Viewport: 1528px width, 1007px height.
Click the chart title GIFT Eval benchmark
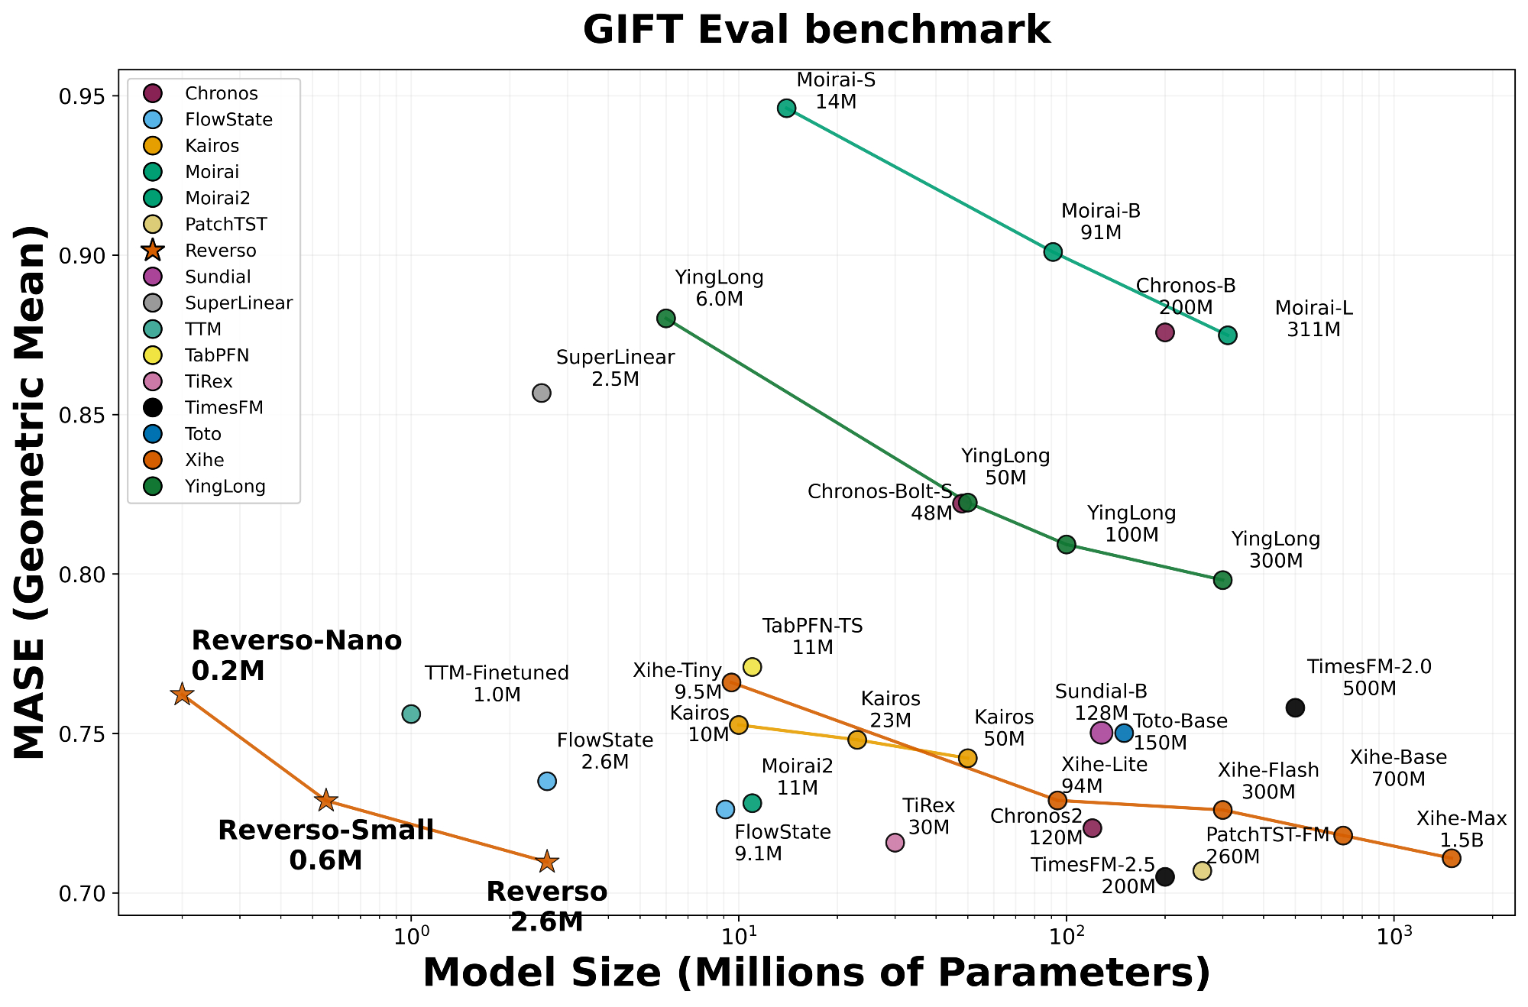pos(816,31)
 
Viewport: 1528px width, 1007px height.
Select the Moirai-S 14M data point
pos(787,108)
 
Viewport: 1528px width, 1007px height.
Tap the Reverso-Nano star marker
pos(182,695)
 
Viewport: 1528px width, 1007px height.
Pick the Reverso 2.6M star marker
pos(547,862)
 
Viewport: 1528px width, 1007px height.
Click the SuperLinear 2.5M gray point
pos(542,393)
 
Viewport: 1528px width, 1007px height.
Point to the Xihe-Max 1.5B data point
pos(1452,858)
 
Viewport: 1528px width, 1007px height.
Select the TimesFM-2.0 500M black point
pos(1295,707)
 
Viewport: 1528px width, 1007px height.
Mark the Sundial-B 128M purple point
pos(1101,733)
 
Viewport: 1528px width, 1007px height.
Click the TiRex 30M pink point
pos(895,843)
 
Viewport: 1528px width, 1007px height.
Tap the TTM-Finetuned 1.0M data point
pos(411,714)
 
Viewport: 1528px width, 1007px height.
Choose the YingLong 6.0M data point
pos(666,319)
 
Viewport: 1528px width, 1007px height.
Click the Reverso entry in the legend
pos(220,251)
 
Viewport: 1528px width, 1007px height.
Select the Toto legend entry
pos(202,434)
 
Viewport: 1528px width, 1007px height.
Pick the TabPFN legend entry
pos(216,355)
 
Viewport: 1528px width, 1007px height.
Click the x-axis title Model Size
pos(816,973)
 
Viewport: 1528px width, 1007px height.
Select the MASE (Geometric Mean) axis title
pos(32,493)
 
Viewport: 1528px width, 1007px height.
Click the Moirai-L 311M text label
pos(1313,319)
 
